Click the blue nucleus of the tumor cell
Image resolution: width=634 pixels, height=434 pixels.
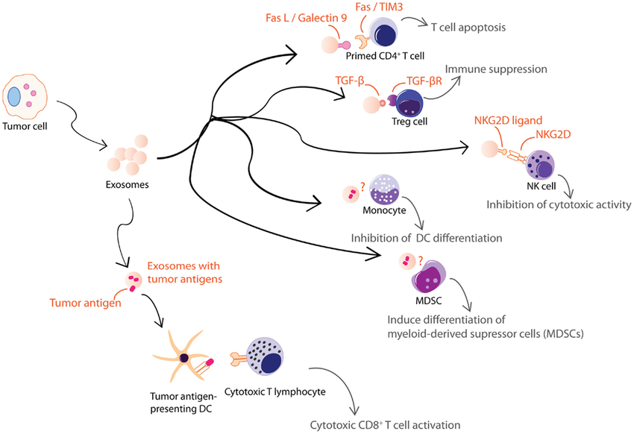point(16,97)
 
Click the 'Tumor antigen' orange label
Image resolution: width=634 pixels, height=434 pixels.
point(84,302)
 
